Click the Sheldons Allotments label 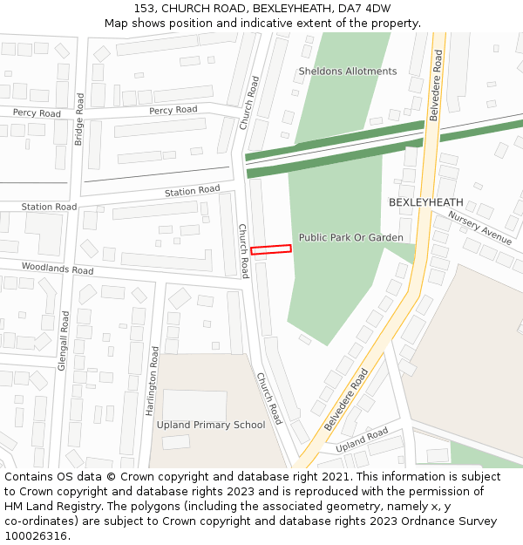(347, 72)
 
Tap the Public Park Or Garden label (350, 237)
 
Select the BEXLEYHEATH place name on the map (425, 202)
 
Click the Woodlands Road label (58, 269)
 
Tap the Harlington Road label (155, 378)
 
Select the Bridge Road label (78, 119)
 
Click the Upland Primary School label (211, 425)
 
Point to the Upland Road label (362, 440)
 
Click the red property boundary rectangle (271, 249)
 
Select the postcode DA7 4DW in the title (364, 8)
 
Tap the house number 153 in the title (146, 8)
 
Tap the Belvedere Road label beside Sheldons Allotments (437, 85)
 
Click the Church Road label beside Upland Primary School (268, 399)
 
